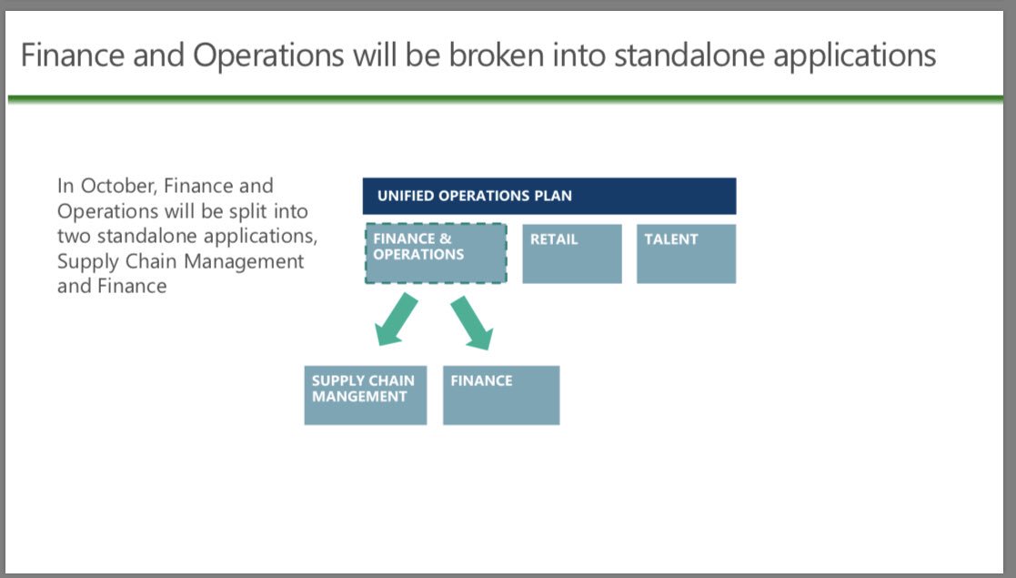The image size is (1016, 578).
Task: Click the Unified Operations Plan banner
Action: pos(548,196)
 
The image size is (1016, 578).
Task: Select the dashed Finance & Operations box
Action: pos(435,254)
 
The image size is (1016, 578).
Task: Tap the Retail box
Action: pos(571,254)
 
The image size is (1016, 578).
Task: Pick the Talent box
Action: pos(686,254)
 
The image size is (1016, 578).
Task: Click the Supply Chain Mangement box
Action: pos(365,395)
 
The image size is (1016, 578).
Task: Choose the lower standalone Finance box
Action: pos(500,395)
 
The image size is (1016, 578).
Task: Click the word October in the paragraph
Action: pos(117,186)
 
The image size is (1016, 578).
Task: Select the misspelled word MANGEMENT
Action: pos(358,397)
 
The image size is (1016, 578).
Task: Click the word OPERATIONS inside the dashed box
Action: pos(418,255)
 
